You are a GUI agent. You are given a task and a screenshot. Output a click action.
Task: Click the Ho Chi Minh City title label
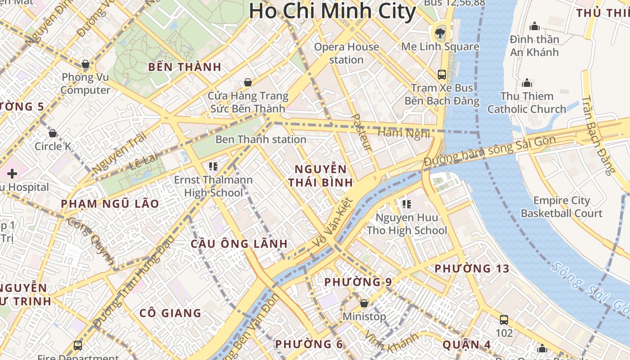tap(332, 11)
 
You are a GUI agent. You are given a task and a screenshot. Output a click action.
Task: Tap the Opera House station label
tap(346, 53)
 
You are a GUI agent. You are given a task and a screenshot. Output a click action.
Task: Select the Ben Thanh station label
tap(261, 139)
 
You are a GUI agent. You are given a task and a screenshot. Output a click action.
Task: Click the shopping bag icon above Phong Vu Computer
tap(85, 64)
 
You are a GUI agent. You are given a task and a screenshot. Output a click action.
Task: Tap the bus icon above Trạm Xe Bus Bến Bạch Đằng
tap(442, 74)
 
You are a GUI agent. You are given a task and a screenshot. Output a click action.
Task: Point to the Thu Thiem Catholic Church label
tap(526, 103)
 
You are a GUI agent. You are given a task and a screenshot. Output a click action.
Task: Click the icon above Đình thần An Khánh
tap(535, 26)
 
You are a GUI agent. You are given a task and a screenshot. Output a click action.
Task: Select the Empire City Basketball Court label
tap(562, 207)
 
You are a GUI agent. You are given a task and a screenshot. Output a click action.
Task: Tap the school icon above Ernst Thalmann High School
tap(213, 166)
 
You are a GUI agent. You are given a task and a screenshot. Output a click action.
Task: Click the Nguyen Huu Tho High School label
tap(407, 224)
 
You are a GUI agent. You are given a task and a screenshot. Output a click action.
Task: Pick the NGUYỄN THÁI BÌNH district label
tap(320, 176)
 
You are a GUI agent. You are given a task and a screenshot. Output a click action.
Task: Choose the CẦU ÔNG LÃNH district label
tap(239, 244)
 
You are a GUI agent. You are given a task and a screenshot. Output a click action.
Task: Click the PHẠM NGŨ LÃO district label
tap(110, 204)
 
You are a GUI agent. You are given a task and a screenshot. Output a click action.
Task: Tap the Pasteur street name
tap(361, 132)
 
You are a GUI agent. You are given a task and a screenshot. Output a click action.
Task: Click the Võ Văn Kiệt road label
tap(334, 223)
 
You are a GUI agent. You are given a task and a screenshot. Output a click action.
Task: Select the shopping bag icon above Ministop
tap(364, 303)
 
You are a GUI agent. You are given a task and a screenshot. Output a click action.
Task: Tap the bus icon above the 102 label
tap(504, 320)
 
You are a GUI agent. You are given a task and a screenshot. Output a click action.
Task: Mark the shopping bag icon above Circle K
tap(53, 133)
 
